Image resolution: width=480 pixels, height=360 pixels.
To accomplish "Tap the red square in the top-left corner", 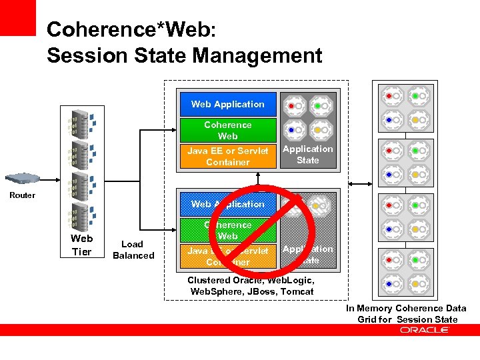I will pos(17,17).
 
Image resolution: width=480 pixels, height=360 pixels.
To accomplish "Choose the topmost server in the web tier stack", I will pos(80,124).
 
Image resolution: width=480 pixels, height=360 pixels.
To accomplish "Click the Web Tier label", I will pos(81,245).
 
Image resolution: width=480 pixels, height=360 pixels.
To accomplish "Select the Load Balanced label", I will pos(133,250).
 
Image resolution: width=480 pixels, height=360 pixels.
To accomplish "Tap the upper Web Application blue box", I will pos(227,104).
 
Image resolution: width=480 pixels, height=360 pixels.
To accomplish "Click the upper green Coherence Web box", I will pos(227,130).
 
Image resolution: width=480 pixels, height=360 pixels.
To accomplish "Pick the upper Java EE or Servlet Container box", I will pos(227,156).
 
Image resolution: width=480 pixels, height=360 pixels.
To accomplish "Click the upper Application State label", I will pos(307,155).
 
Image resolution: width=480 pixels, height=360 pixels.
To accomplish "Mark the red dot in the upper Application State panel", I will pos(291,105).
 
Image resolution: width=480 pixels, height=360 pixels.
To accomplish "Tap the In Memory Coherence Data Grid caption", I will pos(406,313).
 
